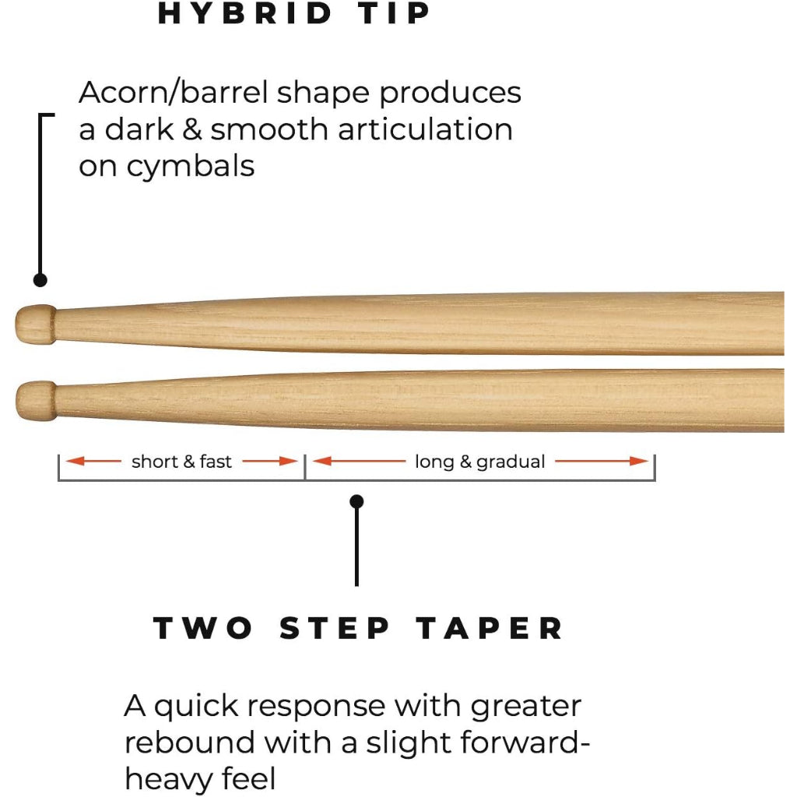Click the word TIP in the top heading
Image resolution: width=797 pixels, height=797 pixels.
point(397,14)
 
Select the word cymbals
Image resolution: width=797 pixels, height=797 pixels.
point(190,167)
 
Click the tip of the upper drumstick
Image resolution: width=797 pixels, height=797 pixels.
point(36,323)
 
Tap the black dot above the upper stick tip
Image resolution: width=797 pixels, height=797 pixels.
point(40,279)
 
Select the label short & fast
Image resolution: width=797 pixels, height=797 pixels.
point(181,462)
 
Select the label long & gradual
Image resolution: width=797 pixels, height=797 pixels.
point(479,462)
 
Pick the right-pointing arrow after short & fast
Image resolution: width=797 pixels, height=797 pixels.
point(270,462)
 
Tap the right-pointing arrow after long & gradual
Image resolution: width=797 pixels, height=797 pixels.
point(602,462)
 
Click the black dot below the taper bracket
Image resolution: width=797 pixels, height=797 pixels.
point(357,502)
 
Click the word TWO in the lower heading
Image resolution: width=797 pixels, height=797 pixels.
point(202,628)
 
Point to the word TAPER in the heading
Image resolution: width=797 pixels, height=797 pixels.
point(490,628)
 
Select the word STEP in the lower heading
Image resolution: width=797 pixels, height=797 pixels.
point(335,628)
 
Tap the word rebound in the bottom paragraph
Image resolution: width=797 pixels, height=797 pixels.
point(190,743)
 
